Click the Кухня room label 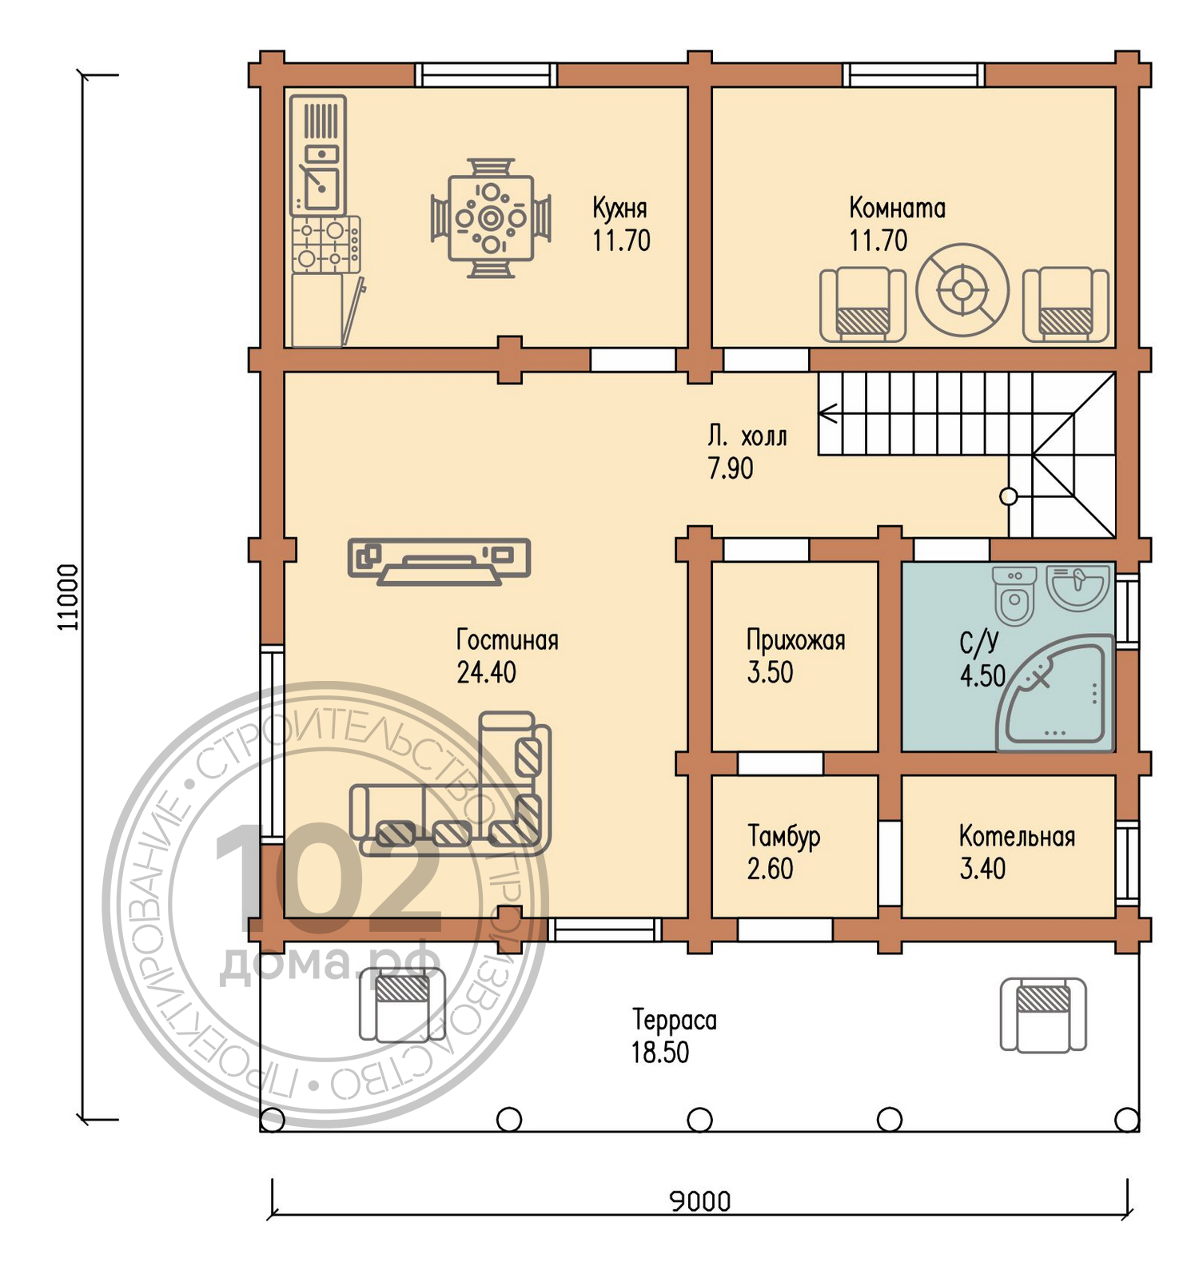[x=619, y=208]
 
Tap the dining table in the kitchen [x=491, y=218]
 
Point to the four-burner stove [x=326, y=244]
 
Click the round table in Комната [x=962, y=289]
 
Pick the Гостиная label [x=507, y=640]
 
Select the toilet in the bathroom [x=1014, y=595]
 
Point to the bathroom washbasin [x=1078, y=588]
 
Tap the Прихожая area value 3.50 [x=770, y=672]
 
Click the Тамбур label [x=783, y=837]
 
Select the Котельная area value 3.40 [x=982, y=869]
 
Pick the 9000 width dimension [x=699, y=1201]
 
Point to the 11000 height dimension [x=69, y=597]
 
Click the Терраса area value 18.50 [x=660, y=1053]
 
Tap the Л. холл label [x=747, y=436]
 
